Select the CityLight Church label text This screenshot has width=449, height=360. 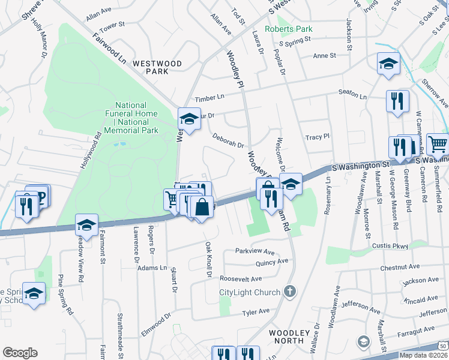(250, 292)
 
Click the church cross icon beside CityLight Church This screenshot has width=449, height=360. (289, 292)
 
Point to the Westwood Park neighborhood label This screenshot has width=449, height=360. (157, 67)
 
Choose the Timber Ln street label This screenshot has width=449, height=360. (208, 98)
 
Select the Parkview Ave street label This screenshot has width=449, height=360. (255, 251)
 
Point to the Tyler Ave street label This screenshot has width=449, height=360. (256, 312)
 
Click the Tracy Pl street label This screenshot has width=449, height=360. (318, 137)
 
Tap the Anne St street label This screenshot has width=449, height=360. (324, 56)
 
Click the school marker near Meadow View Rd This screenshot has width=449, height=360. (86, 225)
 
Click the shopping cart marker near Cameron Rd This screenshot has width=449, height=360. (438, 144)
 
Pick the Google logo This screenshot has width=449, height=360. (20, 353)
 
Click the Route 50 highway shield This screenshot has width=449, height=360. (442, 346)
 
